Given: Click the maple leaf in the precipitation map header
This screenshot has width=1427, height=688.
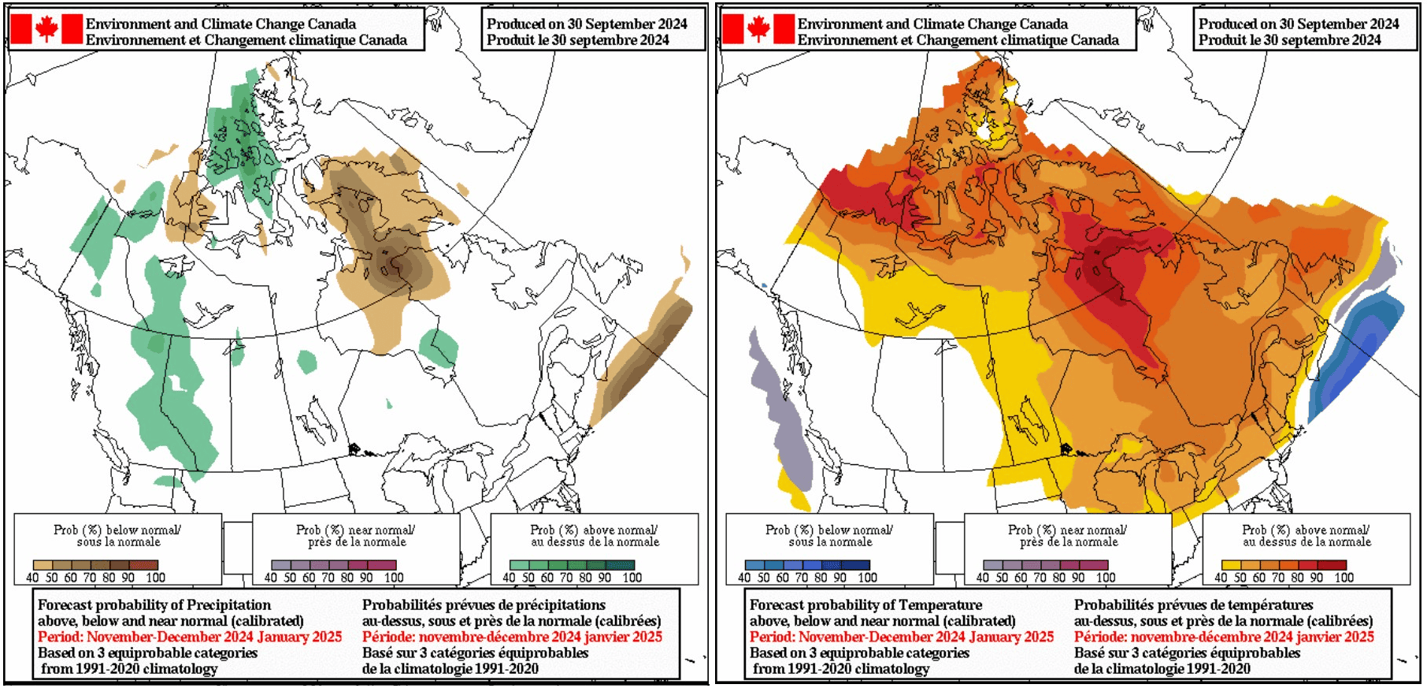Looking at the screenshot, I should [46, 29].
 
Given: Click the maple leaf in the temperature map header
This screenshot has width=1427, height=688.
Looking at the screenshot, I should [758, 29].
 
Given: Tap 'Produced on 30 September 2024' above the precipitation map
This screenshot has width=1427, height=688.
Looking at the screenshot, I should [587, 24].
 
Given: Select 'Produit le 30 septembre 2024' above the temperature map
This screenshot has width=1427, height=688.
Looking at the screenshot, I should [1290, 40].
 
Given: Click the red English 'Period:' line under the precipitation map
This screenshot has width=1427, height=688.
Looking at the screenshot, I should [190, 637].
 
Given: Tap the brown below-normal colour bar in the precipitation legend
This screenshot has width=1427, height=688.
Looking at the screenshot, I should [95, 565].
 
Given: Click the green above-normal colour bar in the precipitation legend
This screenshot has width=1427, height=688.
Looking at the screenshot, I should [572, 565].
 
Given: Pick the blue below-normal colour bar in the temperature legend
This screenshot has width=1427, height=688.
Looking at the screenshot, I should [807, 565].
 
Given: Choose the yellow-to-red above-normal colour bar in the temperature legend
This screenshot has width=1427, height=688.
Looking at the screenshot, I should [1284, 565].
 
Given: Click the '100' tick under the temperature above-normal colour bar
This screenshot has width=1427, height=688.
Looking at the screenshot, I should [1344, 578].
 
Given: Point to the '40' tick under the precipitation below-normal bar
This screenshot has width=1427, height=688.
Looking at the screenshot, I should [32, 578].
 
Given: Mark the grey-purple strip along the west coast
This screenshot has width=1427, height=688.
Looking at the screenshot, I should [776, 410].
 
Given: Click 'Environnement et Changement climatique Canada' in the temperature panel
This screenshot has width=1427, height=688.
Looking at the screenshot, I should [958, 40].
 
